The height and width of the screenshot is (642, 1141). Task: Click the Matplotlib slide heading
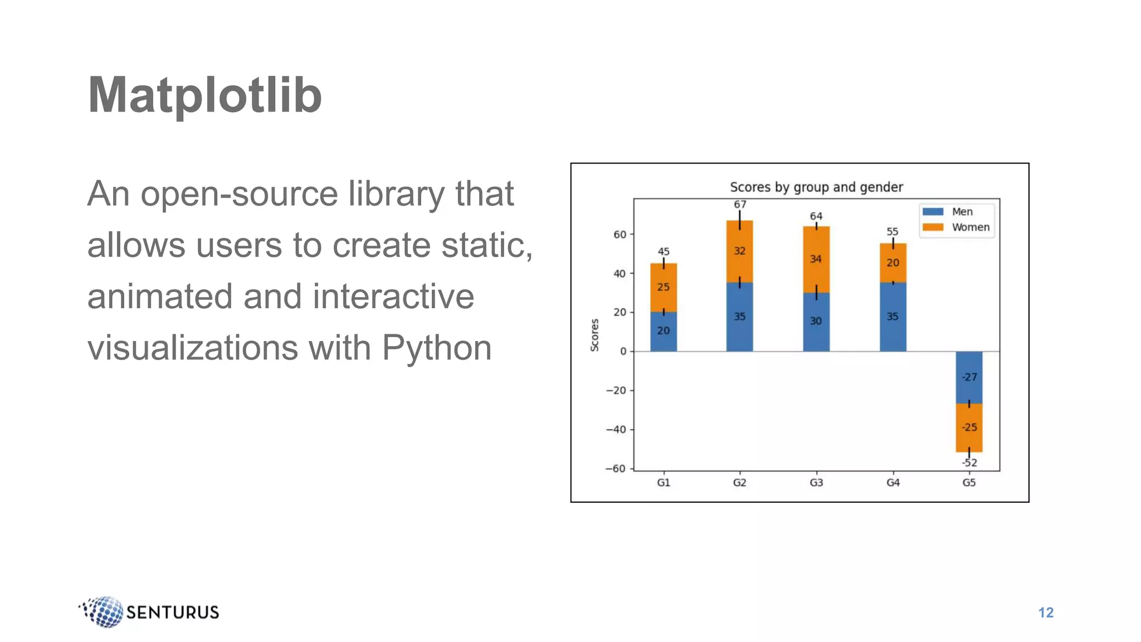click(204, 95)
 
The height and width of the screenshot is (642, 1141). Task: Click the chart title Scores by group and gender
click(816, 187)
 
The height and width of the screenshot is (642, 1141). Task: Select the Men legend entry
click(962, 212)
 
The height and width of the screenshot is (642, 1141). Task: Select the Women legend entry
click(970, 227)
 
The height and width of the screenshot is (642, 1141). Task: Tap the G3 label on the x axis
click(816, 483)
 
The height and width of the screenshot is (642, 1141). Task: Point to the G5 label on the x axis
click(969, 483)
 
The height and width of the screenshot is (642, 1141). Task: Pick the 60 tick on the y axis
click(620, 235)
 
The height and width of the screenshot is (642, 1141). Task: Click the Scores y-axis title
click(594, 335)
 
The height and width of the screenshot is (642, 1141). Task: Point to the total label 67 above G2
click(740, 205)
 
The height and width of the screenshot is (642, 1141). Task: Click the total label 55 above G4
click(893, 231)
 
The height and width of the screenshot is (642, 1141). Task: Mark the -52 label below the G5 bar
click(969, 463)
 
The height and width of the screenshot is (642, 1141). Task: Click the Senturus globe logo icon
click(103, 612)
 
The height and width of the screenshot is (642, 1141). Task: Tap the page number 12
click(1046, 612)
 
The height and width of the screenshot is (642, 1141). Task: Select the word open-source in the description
click(239, 194)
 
